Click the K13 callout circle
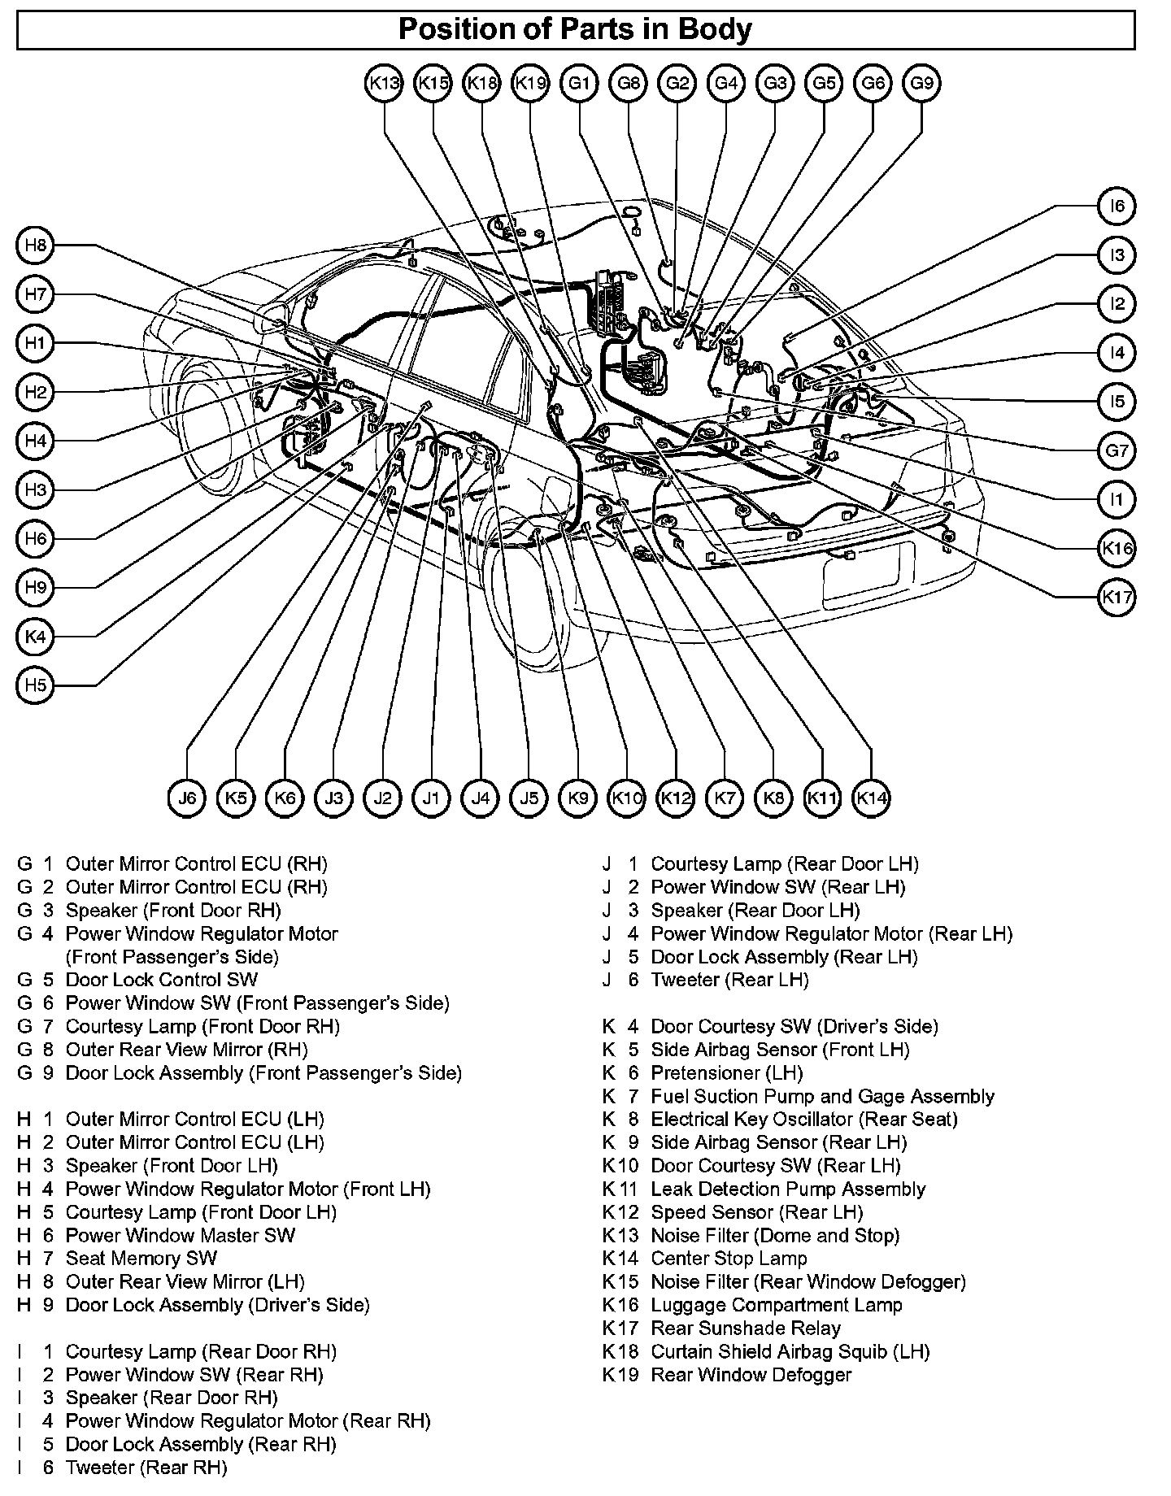384,83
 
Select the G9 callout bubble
921,83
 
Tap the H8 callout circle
35,246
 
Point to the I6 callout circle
1117,207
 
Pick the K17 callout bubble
1117,598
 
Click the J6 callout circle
187,798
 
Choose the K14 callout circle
872,798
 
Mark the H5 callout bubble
35,685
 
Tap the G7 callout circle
1117,450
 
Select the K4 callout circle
35,637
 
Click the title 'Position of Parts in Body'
575,30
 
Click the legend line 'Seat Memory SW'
141,1259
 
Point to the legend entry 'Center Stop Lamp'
729,1259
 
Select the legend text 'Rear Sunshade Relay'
746,1329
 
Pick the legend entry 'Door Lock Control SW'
161,980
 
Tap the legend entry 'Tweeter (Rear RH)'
146,1468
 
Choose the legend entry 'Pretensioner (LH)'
726,1073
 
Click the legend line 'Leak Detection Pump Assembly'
788,1189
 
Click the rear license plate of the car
868,572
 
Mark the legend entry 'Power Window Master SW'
180,1236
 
